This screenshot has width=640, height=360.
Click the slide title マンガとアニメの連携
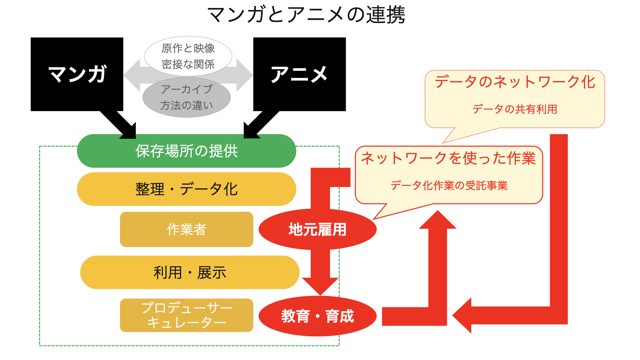click(306, 15)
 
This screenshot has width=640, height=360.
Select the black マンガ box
click(77, 74)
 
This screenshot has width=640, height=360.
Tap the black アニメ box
click(299, 74)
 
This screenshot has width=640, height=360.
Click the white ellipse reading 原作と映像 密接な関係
click(188, 56)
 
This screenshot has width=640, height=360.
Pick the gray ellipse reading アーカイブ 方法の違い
click(187, 97)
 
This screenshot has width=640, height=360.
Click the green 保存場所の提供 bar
click(187, 151)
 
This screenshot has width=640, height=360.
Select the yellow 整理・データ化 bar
click(187, 189)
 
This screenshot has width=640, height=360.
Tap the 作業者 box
click(187, 229)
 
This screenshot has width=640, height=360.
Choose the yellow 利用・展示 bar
click(190, 272)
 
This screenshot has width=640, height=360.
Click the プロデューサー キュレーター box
click(187, 315)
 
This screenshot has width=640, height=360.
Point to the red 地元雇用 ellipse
click(318, 229)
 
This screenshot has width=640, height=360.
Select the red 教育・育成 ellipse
click(318, 316)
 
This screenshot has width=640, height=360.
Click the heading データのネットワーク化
click(515, 82)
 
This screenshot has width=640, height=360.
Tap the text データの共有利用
click(515, 109)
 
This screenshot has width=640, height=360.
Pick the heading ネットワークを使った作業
click(449, 158)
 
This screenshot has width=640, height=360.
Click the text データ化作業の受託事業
click(449, 185)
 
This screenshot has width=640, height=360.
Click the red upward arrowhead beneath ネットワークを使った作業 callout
click(438, 220)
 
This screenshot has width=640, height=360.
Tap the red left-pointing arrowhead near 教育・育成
click(462, 315)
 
